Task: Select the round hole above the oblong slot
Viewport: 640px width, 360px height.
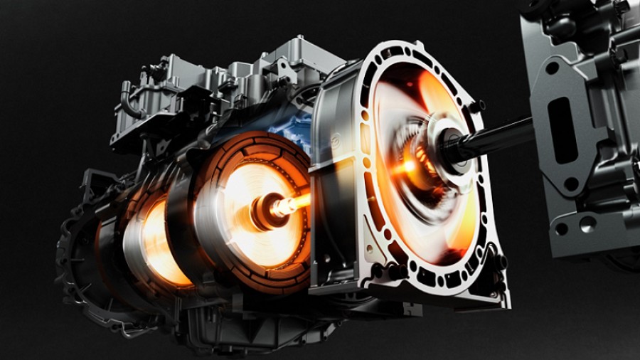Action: [x=550, y=70]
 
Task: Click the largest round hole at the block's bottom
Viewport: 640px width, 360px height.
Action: [x=587, y=226]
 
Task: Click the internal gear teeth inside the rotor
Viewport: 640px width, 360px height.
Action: [x=420, y=153]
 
